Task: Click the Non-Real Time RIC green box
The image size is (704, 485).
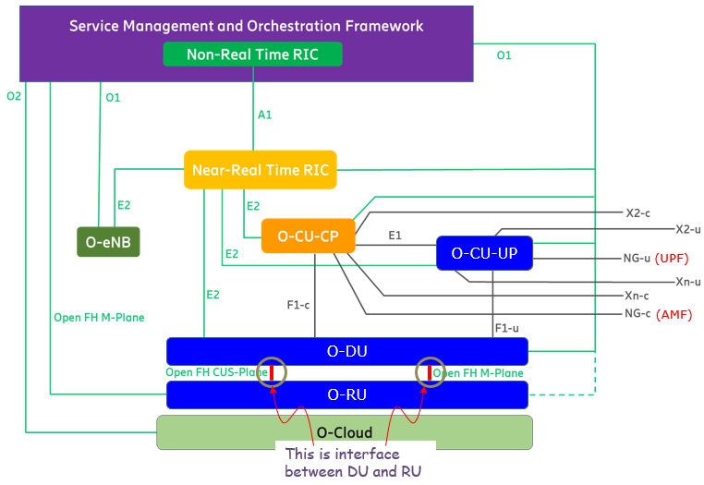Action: pos(252,55)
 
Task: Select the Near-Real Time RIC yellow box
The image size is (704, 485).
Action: pos(261,170)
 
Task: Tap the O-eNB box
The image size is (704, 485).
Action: pos(108,242)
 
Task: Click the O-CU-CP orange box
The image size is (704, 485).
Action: pos(308,236)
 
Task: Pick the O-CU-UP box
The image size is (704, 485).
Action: pos(484,253)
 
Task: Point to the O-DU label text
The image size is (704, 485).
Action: pos(347,351)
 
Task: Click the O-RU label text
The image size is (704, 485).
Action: pos(347,394)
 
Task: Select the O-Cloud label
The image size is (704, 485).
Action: pos(345,432)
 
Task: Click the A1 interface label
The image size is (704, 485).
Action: pos(264,115)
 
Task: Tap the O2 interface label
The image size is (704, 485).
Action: pos(14,96)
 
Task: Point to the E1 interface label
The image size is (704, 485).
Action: pos(394,236)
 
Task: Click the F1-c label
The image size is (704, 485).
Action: pos(298,306)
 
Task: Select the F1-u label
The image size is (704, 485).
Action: pos(506,328)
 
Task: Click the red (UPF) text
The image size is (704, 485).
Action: pos(672,259)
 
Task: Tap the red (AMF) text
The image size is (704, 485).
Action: pos(674,314)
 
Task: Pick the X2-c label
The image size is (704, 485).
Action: pos(638,212)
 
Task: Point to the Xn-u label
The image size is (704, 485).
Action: pos(688,282)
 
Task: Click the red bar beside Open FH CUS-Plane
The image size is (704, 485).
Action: pos(272,372)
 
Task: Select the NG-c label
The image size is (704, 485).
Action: pos(637,313)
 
